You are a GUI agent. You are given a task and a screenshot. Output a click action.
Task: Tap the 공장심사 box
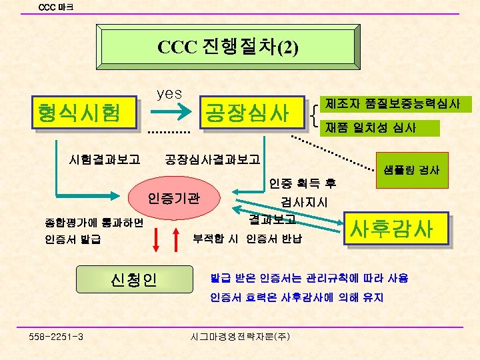coord(247,111)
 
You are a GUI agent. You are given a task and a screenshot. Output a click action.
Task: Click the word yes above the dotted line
coord(169,93)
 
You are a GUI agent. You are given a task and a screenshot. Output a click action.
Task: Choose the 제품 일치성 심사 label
coord(371,127)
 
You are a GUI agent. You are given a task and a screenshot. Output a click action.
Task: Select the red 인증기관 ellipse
coord(174,198)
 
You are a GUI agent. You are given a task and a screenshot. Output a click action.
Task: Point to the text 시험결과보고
coord(104,159)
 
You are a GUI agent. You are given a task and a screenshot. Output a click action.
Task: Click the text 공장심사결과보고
coord(213,159)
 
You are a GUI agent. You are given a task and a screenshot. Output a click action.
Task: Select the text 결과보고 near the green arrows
coord(267,218)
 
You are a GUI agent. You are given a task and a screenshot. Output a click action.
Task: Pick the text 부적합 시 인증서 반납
coord(247,238)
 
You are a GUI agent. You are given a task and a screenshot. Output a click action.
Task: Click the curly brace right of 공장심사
coord(314,115)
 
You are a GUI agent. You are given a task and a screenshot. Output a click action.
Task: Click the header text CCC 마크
coord(57,7)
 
